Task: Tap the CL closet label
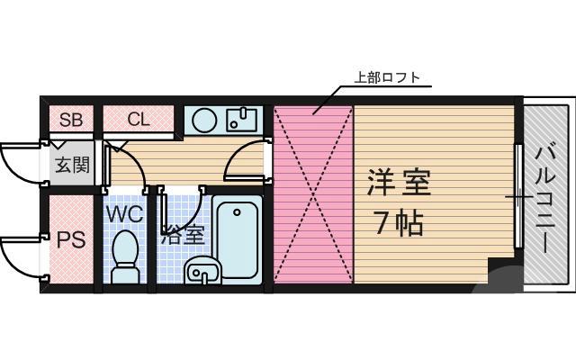(139, 119)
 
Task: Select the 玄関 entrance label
(71, 165)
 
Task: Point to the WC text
(126, 215)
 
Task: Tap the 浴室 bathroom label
(183, 237)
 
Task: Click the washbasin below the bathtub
(203, 269)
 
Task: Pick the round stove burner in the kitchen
(204, 120)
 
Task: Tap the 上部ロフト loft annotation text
(387, 77)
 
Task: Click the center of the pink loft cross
(312, 193)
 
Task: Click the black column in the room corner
(499, 270)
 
